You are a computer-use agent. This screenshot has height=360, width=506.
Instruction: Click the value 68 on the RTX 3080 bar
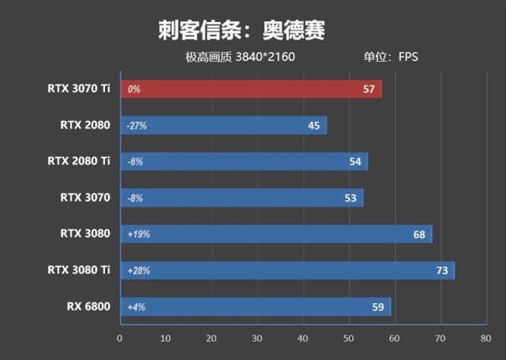tap(418, 234)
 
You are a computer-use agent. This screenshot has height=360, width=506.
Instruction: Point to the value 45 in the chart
tap(313, 126)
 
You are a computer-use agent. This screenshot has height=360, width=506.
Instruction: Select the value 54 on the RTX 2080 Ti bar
tap(355, 162)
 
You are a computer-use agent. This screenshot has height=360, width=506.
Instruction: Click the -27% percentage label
tap(137, 126)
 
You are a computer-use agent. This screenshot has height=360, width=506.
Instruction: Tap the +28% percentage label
tap(137, 271)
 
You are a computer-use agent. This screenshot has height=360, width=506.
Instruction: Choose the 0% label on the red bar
tap(133, 89)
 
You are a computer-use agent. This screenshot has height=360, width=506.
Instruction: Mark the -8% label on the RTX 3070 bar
tap(134, 198)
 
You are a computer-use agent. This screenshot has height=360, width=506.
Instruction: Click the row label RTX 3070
tap(84, 197)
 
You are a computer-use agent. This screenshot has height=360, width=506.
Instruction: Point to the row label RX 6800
tap(88, 306)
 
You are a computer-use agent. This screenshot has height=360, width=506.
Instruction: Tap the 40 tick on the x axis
tap(302, 338)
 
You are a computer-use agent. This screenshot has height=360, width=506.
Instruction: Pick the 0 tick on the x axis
tap(119, 338)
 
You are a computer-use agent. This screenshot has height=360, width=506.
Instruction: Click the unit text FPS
tap(408, 57)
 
